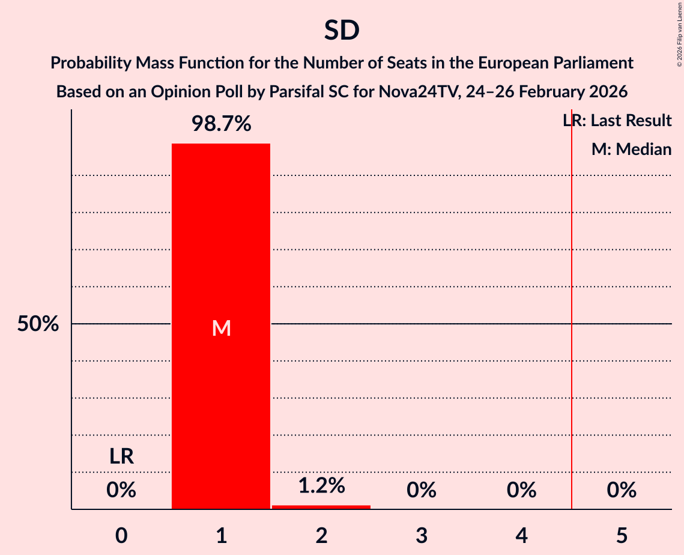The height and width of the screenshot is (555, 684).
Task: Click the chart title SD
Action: pos(342,31)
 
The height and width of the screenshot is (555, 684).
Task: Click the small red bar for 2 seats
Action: pos(321,507)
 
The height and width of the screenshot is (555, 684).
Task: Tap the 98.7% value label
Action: pos(221,124)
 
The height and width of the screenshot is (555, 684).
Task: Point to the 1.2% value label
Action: pos(321,485)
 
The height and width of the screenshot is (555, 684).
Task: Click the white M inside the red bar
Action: pos(221,328)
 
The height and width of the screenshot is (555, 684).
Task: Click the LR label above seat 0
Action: pos(121,457)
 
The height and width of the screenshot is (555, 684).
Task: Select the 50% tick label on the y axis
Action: pos(38,324)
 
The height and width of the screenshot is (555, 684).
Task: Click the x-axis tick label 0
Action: pos(121,535)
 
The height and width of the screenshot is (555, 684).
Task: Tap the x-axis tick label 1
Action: pos(221,535)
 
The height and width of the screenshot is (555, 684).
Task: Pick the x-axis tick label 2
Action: pos(321,535)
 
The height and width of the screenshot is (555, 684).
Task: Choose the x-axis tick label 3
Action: pos(421,535)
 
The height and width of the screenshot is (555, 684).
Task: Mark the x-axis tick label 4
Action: pos(521,535)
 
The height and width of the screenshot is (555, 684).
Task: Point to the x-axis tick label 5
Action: pos(621,535)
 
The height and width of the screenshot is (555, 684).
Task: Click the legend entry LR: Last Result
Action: pos(617,121)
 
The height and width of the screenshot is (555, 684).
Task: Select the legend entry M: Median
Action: pos(631,150)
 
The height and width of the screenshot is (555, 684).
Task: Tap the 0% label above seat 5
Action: pos(621,491)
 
